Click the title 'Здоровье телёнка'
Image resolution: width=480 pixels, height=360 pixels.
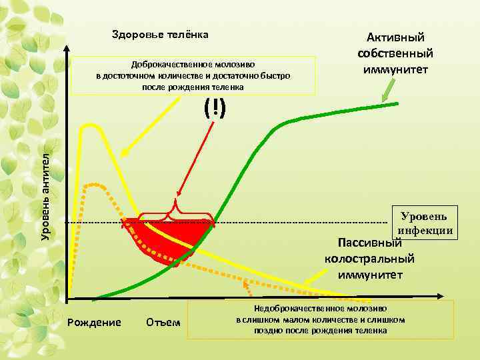point(160,35)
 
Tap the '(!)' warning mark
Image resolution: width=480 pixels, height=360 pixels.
point(215,107)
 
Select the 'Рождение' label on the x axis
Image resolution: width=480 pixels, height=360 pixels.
point(95,323)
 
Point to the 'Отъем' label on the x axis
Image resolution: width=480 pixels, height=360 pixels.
point(163,323)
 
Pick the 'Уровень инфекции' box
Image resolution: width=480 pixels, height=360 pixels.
point(427,223)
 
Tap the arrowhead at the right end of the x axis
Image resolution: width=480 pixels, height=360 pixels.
point(441,295)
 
